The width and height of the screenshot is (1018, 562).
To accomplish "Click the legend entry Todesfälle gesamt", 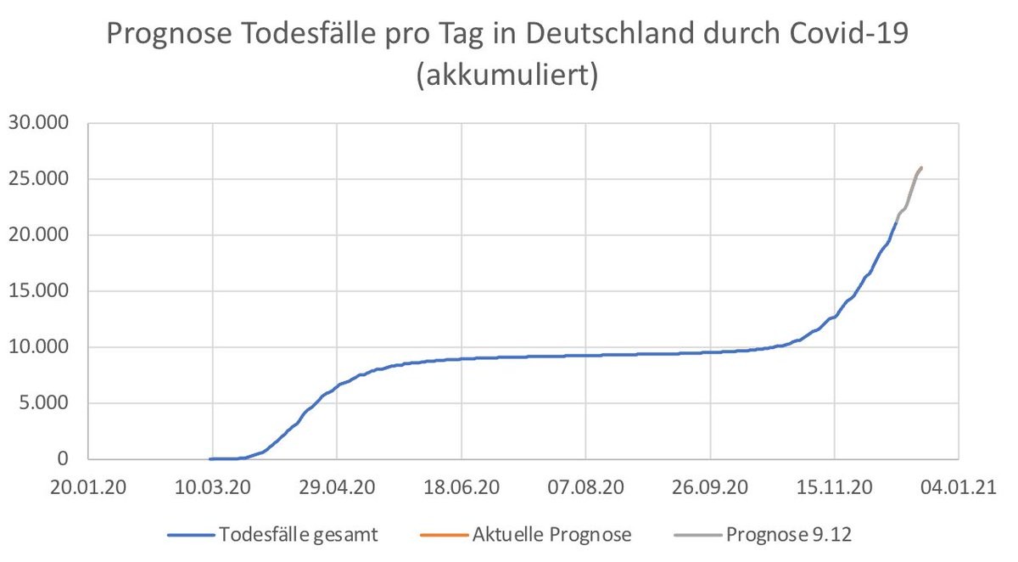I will [298, 535].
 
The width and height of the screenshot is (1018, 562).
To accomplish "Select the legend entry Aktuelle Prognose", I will [551, 535].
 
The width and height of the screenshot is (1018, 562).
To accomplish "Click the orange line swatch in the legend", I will [444, 535].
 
